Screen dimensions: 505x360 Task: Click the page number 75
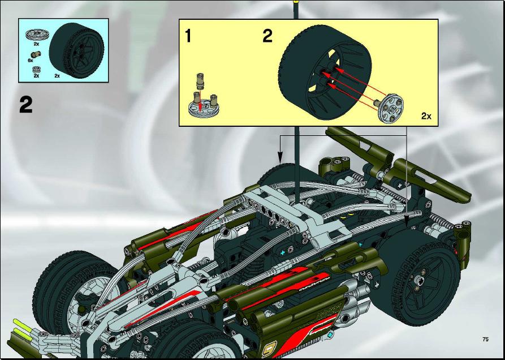click(486, 339)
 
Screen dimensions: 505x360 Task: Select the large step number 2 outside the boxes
click(26, 104)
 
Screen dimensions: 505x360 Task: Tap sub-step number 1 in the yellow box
click(188, 36)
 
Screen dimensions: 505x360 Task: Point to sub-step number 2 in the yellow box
click(267, 36)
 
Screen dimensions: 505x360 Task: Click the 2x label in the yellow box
click(426, 116)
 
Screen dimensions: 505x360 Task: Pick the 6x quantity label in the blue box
click(31, 60)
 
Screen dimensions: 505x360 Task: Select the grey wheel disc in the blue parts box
click(36, 34)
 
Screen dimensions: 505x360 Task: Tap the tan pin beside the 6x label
click(36, 54)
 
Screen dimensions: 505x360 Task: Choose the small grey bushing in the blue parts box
click(36, 69)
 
